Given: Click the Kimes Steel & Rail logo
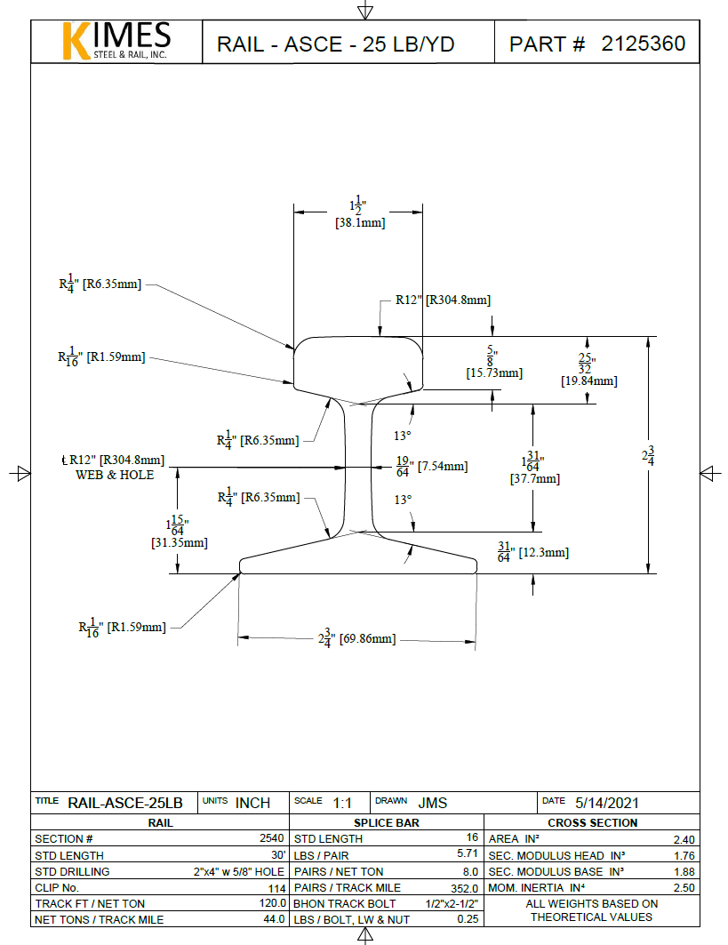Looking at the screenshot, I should (115, 41).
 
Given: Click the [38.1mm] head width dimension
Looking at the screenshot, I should (360, 223).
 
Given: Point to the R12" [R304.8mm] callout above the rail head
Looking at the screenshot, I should (443, 300).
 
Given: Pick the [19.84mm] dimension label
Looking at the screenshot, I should (588, 380).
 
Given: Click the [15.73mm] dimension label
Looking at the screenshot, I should (493, 373).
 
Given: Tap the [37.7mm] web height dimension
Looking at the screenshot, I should (535, 478).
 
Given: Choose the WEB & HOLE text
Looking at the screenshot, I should (115, 475).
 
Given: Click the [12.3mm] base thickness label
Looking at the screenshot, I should (543, 553).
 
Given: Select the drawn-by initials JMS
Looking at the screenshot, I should (433, 803).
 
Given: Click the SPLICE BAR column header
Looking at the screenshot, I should (387, 822).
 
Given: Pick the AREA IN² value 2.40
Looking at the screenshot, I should (684, 839).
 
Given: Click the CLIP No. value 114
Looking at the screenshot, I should (276, 888).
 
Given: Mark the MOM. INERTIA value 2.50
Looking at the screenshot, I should (684, 888).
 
